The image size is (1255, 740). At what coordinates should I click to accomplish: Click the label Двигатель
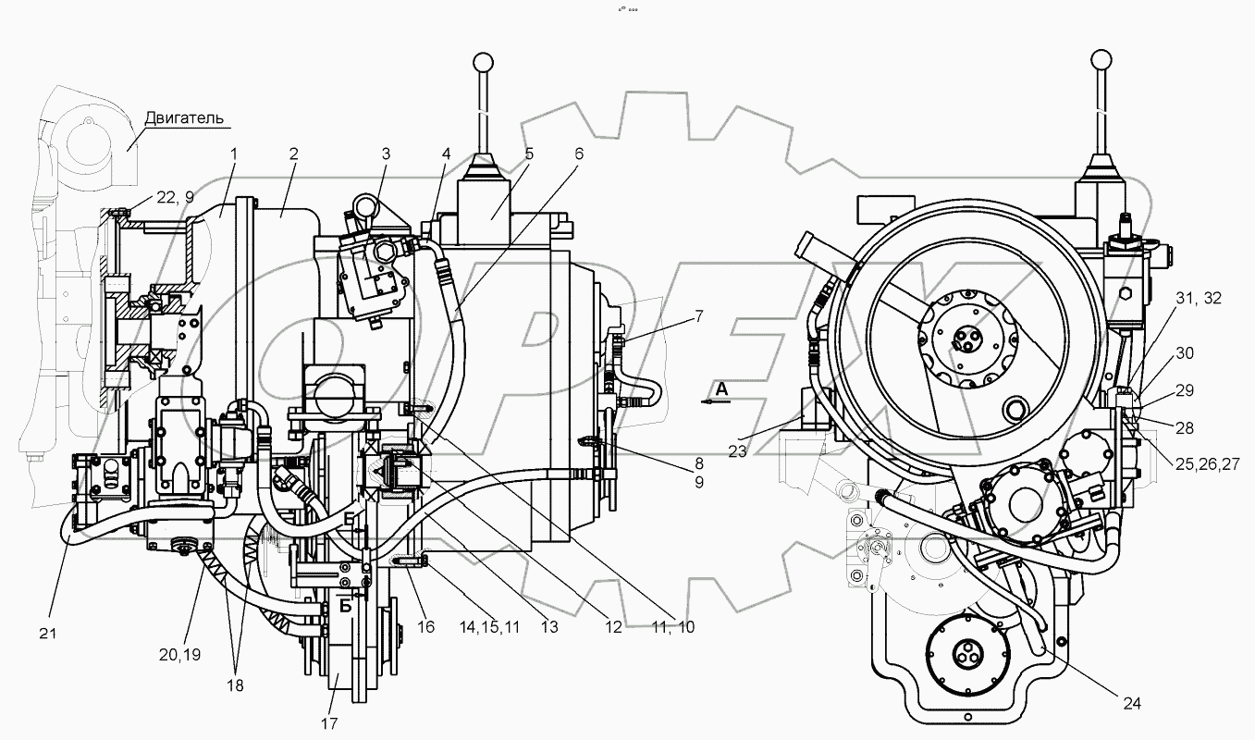(x=184, y=119)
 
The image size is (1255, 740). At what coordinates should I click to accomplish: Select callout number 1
(x=234, y=154)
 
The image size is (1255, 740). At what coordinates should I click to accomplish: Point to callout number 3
(x=386, y=154)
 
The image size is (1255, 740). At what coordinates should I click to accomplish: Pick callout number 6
(x=579, y=154)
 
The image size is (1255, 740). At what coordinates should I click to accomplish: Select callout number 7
(x=699, y=316)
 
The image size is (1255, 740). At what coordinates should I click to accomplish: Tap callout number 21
(x=48, y=634)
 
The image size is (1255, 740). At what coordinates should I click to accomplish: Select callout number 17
(x=330, y=722)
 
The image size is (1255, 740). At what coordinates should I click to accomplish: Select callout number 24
(x=1132, y=704)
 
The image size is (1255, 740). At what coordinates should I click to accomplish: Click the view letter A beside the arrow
(x=721, y=390)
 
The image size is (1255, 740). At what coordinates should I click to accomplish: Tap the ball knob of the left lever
(x=481, y=62)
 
